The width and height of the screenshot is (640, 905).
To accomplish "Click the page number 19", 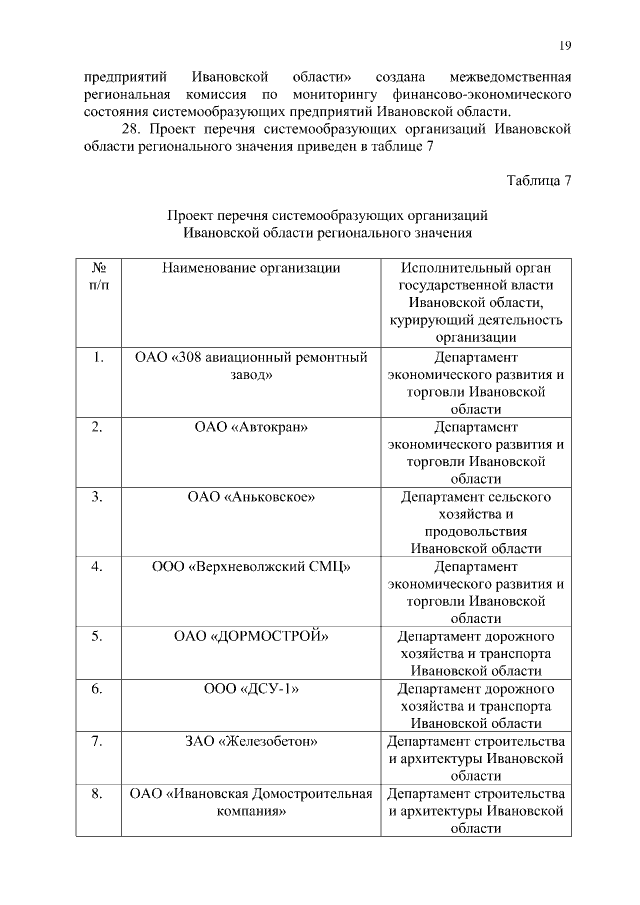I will tap(564, 45).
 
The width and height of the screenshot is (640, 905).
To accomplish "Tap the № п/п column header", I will tap(99, 276).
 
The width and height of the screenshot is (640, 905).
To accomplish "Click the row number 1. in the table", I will tap(98, 357).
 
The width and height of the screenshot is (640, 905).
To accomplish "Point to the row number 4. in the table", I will tap(98, 566).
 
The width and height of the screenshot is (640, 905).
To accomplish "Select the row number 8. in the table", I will tap(98, 794).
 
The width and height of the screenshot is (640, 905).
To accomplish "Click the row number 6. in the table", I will tap(98, 689).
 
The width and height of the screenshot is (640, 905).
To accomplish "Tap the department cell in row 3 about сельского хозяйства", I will tap(475, 522).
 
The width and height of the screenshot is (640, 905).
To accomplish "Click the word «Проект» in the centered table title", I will tap(193, 214).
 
